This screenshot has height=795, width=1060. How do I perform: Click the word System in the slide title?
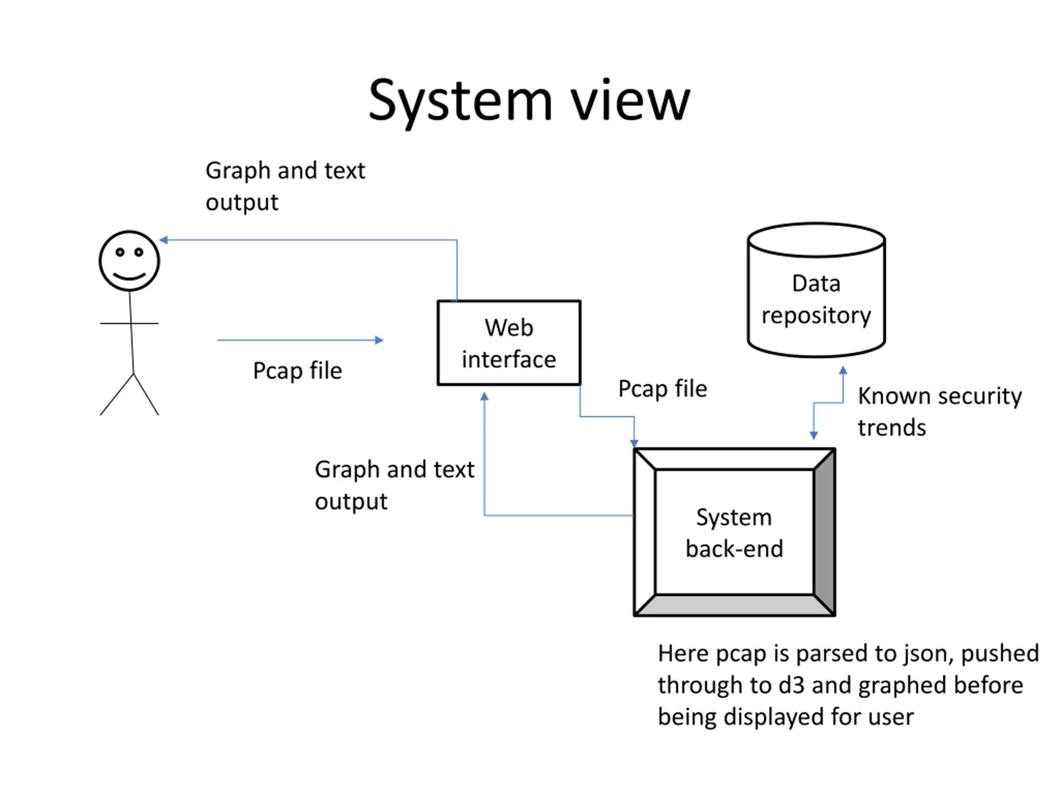click(x=460, y=101)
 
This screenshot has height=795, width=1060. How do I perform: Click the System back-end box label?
click(x=734, y=533)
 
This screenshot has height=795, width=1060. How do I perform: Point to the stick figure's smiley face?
click(x=129, y=261)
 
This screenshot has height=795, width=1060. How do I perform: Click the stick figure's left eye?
click(x=120, y=252)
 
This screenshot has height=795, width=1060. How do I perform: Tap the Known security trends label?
click(x=939, y=412)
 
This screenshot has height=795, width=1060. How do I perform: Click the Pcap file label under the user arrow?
click(x=298, y=371)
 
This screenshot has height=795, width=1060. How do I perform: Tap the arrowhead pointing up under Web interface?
click(x=484, y=396)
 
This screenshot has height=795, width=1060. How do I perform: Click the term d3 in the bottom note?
click(x=791, y=685)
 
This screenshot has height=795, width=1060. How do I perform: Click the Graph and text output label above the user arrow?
click(x=285, y=186)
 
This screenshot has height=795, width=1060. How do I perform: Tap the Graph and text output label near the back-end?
click(x=394, y=485)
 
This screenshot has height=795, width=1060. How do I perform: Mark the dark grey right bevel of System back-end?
click(x=824, y=532)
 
